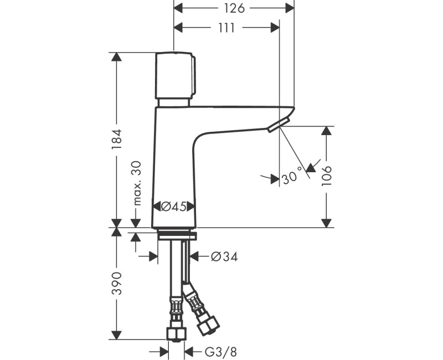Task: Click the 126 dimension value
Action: click(234, 8)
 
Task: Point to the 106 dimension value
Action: click(327, 177)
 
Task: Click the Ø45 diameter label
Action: click(173, 207)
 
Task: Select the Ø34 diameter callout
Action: click(224, 256)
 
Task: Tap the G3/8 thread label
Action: click(219, 351)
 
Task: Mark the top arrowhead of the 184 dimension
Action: click(116, 57)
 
